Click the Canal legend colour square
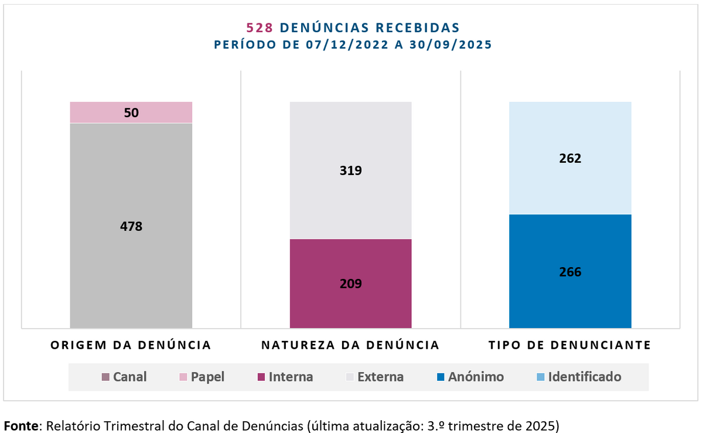pos(105,377)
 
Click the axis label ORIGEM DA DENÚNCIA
pos(131,345)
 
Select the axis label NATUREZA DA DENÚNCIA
pos(350,345)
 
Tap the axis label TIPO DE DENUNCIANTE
pos(570,345)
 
